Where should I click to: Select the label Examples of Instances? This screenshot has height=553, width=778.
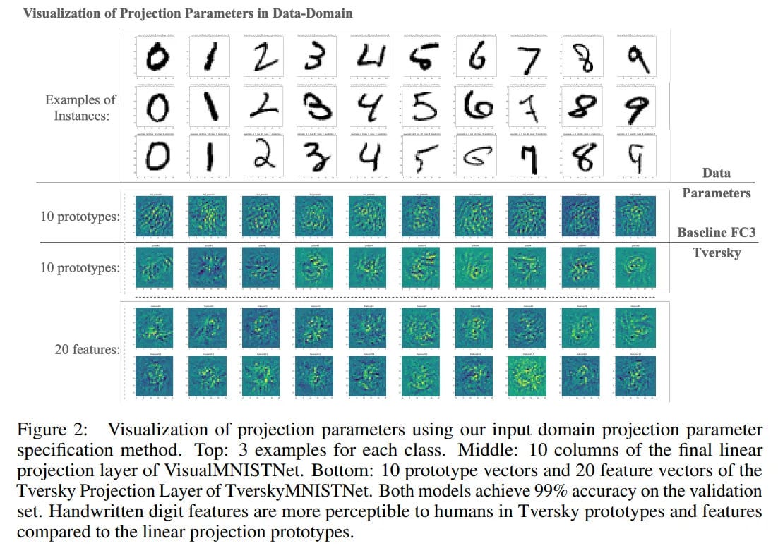pyautogui.click(x=80, y=107)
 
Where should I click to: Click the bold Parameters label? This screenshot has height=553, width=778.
pyautogui.click(x=717, y=193)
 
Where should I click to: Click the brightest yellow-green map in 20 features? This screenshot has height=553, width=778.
pyautogui.click(x=532, y=373)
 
